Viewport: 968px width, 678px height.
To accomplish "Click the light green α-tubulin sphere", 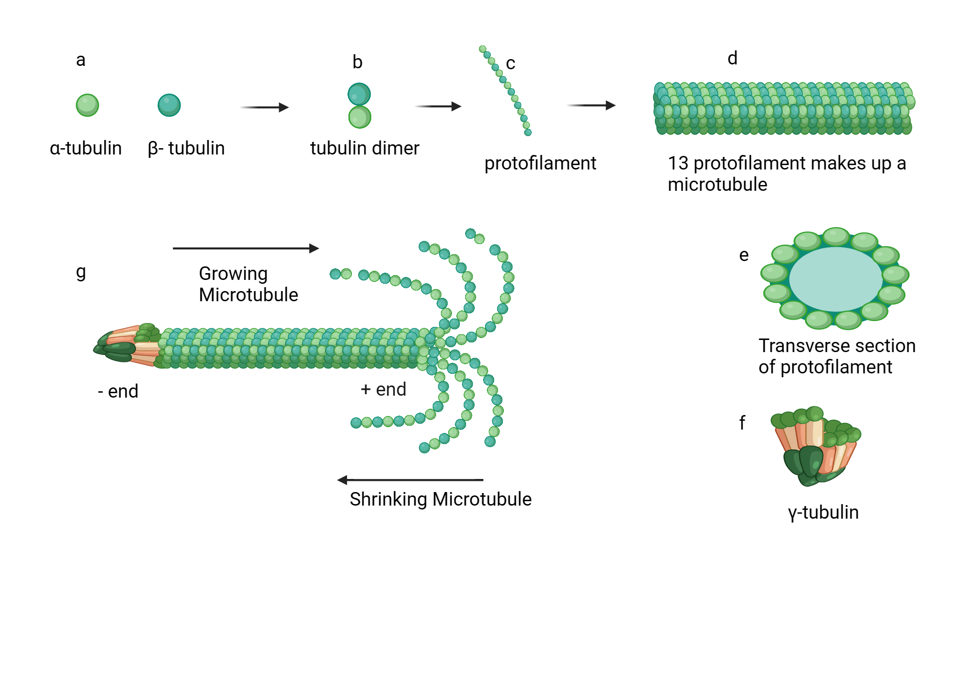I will pyautogui.click(x=87, y=105).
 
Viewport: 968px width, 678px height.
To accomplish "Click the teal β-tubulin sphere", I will pyautogui.click(x=169, y=105).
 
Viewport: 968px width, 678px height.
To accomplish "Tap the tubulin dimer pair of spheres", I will pyautogui.click(x=359, y=106).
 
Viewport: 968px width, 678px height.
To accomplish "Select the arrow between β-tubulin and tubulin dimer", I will pyautogui.click(x=264, y=107).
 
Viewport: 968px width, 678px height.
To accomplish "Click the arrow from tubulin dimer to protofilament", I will pyautogui.click(x=438, y=106).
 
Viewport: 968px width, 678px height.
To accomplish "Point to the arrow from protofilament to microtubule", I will pyautogui.click(x=591, y=105).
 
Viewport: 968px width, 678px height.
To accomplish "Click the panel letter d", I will pyautogui.click(x=732, y=59).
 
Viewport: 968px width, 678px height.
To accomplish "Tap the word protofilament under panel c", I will pyautogui.click(x=540, y=163).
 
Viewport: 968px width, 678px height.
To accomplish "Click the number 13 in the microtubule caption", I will pyautogui.click(x=678, y=164).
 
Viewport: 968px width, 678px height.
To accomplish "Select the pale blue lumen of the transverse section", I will pyautogui.click(x=835, y=279).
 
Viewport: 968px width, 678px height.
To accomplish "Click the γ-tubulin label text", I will pyautogui.click(x=823, y=512).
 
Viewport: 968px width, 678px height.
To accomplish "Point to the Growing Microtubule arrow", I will pyautogui.click(x=245, y=248).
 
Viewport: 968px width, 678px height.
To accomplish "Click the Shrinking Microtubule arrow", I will pyautogui.click(x=410, y=480).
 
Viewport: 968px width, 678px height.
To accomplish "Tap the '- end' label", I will pyautogui.click(x=118, y=391).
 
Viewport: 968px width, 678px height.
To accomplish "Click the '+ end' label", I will pyautogui.click(x=383, y=389).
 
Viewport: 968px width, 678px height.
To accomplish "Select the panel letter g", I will pyautogui.click(x=81, y=273).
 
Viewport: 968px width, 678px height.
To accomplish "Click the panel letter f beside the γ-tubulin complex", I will pyautogui.click(x=742, y=423).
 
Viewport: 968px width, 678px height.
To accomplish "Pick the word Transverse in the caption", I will pyautogui.click(x=799, y=346).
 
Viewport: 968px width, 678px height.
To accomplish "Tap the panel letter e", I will pyautogui.click(x=744, y=255).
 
